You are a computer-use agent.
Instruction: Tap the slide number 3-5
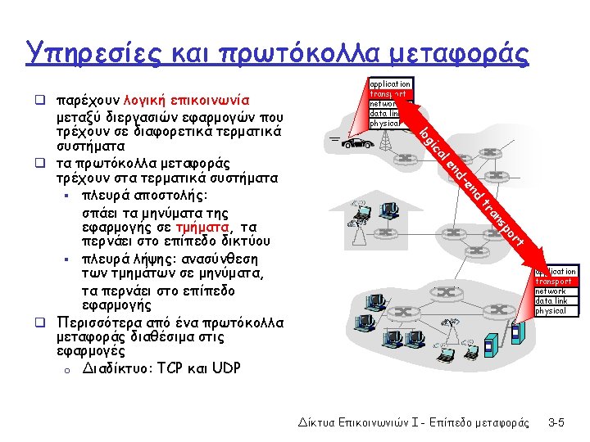[x=556, y=422]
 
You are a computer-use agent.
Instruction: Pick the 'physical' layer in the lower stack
[x=551, y=311]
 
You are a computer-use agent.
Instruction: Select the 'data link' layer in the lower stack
[x=552, y=301]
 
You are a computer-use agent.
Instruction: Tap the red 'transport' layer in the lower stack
[x=555, y=282]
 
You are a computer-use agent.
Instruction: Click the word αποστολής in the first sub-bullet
[x=172, y=196]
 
